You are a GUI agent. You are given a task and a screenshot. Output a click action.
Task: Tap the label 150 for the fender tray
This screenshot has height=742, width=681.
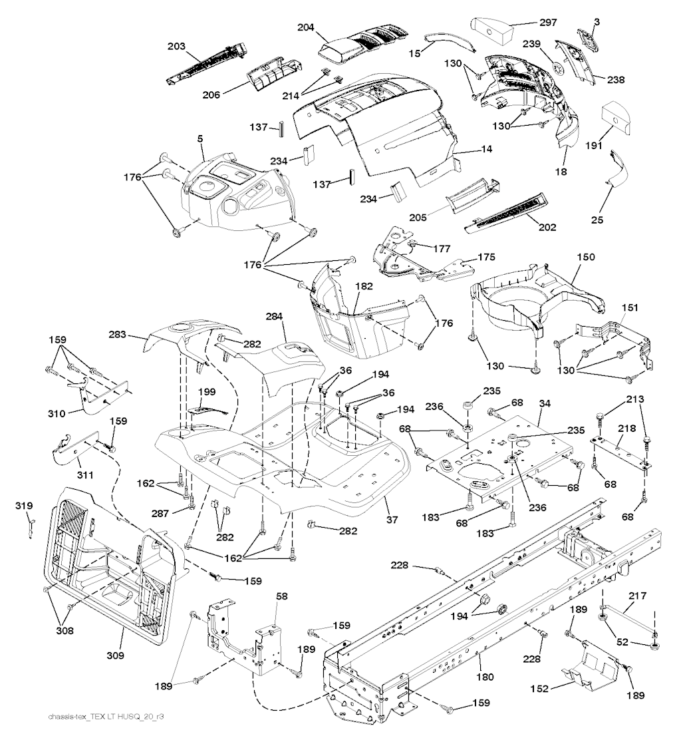587,256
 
